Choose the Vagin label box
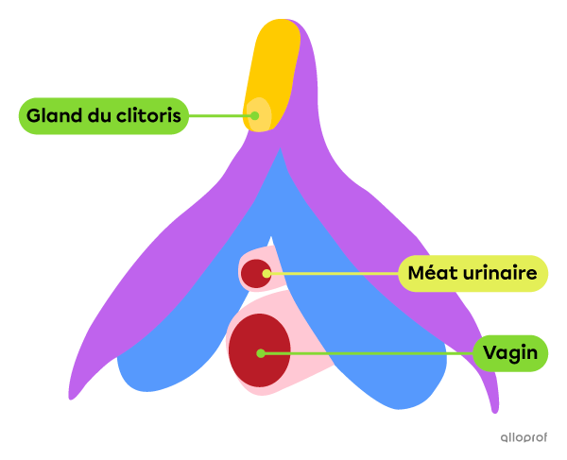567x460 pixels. [510, 353]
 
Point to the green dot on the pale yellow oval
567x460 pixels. [254, 116]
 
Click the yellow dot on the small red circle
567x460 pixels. [266, 274]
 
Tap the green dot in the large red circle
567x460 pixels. [260, 353]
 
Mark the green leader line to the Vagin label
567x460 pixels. [369, 353]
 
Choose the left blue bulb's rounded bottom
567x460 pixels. [142, 378]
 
